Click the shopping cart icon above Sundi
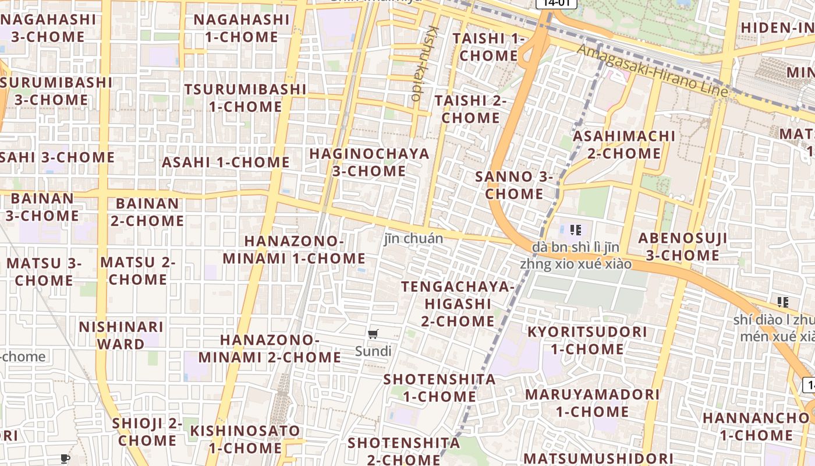(x=373, y=334)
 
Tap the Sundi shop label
(x=373, y=351)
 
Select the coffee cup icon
(x=65, y=458)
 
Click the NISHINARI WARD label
(x=121, y=335)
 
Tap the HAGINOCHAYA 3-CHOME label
(x=369, y=163)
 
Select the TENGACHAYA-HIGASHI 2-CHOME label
(x=458, y=303)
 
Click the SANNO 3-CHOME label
(x=513, y=185)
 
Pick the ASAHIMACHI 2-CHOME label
(x=624, y=144)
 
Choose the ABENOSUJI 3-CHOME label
(x=682, y=246)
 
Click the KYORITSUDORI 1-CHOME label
(x=587, y=340)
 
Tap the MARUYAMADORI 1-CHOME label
(x=592, y=403)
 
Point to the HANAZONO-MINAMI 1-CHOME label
(x=294, y=249)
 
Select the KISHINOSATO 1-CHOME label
(x=245, y=439)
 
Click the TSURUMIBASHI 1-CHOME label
(x=245, y=98)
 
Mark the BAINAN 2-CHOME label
(x=147, y=212)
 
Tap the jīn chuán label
(x=413, y=238)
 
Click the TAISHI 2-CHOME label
(x=470, y=109)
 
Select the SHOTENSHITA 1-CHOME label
(x=440, y=388)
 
